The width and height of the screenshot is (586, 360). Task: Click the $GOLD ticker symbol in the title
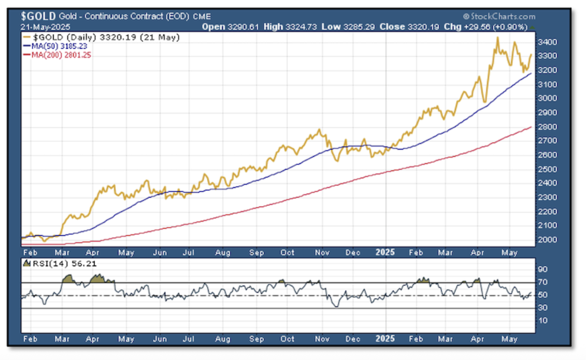(38, 17)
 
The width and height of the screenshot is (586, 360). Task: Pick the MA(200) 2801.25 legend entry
(61, 54)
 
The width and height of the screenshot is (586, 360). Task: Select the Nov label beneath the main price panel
(320, 252)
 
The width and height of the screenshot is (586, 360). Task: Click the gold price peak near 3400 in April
(497, 38)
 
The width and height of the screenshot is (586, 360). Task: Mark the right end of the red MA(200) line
(532, 127)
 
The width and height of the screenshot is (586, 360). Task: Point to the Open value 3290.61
(239, 27)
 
